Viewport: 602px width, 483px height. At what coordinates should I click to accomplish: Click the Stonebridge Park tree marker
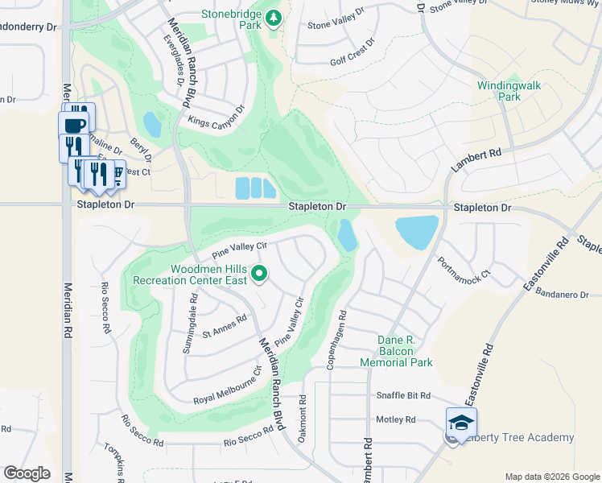pos(274,18)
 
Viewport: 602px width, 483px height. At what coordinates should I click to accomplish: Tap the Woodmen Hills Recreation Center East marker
pos(259,275)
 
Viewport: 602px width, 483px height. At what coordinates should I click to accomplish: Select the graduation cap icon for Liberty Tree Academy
pos(462,423)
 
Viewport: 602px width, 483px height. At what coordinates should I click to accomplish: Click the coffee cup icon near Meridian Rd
pos(74,126)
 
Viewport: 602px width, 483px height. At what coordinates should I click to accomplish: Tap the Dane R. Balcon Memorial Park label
pos(406,351)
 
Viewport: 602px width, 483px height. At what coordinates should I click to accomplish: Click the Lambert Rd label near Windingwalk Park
pos(476,161)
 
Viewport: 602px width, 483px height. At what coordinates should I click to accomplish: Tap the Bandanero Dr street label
pos(562,295)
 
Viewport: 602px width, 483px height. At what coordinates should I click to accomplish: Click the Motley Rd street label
pos(395,419)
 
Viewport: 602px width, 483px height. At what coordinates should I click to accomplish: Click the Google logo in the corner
pos(27,473)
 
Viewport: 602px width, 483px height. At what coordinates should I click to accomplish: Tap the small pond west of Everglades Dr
pos(150,125)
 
